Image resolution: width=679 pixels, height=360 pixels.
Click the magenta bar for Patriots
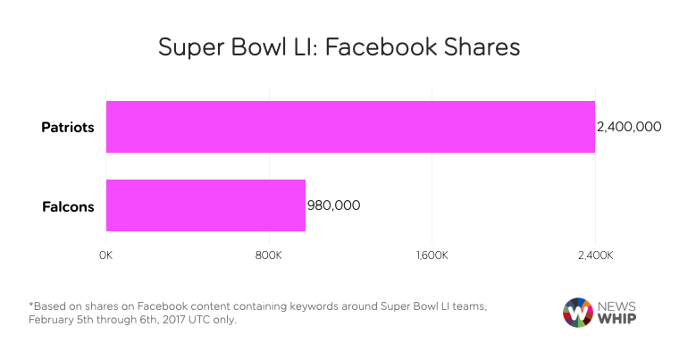pos(350,127)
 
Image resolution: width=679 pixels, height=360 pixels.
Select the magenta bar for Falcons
pos(205,205)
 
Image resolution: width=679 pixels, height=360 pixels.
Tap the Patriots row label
pos(68,127)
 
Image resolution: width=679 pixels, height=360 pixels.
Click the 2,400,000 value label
pos(629,127)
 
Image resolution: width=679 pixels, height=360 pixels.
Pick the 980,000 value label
pos(334,205)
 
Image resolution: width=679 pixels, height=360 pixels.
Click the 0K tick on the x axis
pos(105,256)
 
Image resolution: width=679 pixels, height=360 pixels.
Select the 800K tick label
pos(269,256)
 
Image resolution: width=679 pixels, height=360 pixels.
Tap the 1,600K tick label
pos(432,256)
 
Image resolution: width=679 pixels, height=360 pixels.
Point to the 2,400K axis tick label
pos(594,256)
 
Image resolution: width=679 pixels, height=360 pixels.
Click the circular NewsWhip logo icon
pos(578,312)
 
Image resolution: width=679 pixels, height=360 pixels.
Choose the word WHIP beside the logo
pos(618,320)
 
